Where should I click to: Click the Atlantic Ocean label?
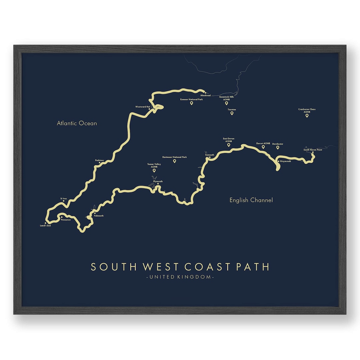click(77, 123)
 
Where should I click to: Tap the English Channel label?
click(251, 200)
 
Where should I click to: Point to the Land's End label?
click(45, 226)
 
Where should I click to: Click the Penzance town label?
click(66, 220)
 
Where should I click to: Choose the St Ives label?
click(63, 198)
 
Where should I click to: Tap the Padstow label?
click(99, 160)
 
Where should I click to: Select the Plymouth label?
click(158, 181)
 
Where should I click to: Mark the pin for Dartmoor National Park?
click(174, 161)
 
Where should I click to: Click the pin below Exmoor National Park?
click(191, 103)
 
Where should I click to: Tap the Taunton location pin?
click(232, 113)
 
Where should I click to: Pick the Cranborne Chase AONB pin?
click(307, 116)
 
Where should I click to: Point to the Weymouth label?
click(285, 161)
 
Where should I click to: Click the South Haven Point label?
click(313, 150)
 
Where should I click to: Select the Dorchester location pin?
click(278, 148)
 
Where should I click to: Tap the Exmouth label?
click(210, 155)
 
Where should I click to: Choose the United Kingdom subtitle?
click(180, 277)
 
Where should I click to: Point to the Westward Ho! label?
click(143, 107)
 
